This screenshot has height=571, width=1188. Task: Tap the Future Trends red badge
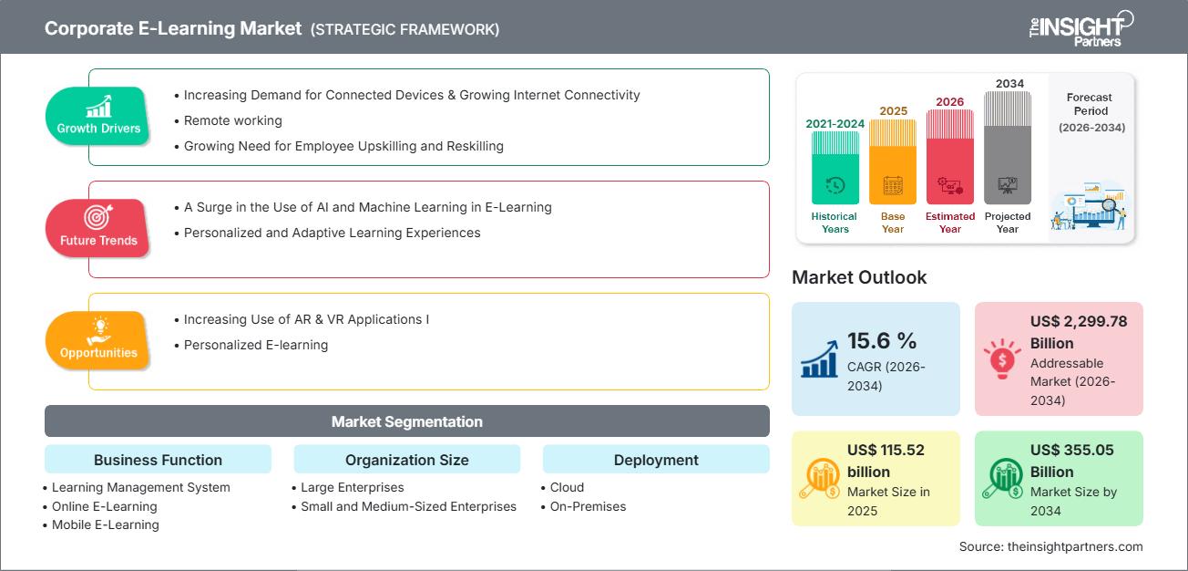click(x=98, y=228)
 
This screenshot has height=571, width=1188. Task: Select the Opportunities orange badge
click(x=98, y=340)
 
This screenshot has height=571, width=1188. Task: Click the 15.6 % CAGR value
click(x=882, y=340)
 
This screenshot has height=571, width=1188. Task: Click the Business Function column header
click(x=158, y=460)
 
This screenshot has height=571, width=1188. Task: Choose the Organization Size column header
click(x=406, y=460)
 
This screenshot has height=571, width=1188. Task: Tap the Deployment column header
click(x=656, y=460)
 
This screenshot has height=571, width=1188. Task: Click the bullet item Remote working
click(x=232, y=120)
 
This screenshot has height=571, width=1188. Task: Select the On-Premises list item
click(x=587, y=506)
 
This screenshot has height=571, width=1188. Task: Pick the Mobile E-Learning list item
click(x=105, y=524)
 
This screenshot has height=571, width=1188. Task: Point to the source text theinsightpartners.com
click(x=1050, y=546)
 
